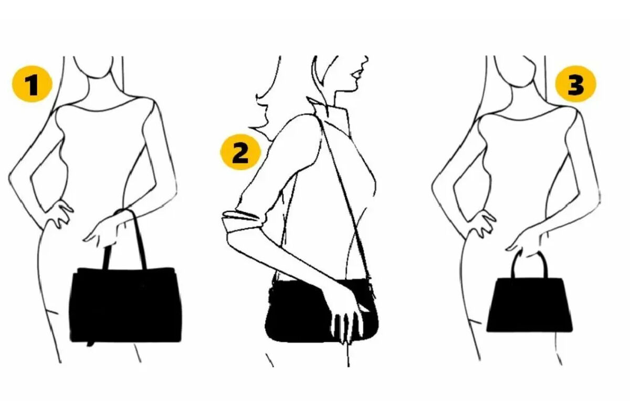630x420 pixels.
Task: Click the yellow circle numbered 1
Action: coord(32,84)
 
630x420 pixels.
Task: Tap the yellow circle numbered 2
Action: coord(240,152)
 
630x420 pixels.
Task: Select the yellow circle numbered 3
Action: coord(575,83)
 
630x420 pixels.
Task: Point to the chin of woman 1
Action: coord(99,78)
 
